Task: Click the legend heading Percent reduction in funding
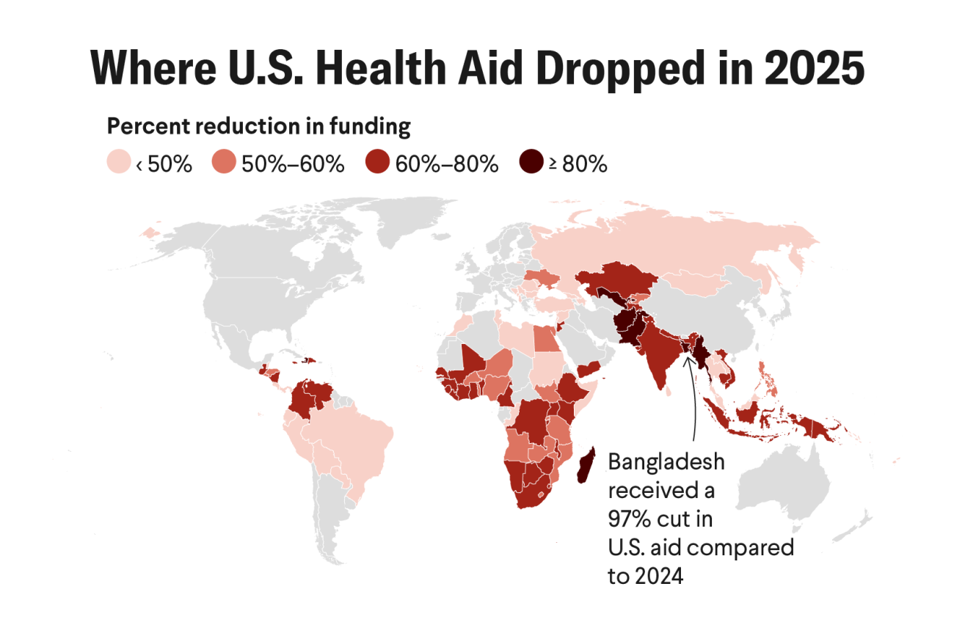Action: [x=258, y=126]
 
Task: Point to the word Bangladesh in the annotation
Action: [x=666, y=463]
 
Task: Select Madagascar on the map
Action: [x=586, y=467]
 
